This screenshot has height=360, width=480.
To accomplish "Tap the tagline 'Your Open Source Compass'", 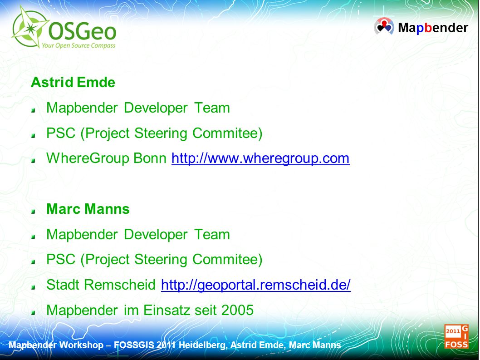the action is [78, 46].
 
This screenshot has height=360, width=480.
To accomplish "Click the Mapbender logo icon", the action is [384, 26].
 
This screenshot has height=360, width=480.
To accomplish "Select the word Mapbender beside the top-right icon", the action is [433, 28].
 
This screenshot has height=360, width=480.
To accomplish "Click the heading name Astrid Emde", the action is [73, 83].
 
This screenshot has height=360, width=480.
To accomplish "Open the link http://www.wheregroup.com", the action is [260, 158].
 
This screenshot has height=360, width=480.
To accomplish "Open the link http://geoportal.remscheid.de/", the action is [255, 285].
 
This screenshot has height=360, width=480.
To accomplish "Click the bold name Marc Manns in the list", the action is [88, 209].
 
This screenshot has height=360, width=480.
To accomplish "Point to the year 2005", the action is [237, 310].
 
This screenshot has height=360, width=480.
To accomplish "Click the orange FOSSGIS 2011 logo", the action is [456, 337].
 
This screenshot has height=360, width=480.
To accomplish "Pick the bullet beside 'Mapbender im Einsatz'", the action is [34, 312].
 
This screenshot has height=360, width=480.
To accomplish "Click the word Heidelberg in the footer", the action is [203, 345].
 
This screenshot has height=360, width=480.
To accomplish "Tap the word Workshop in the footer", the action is [81, 345].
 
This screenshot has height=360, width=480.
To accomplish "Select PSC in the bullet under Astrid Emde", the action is [61, 133].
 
